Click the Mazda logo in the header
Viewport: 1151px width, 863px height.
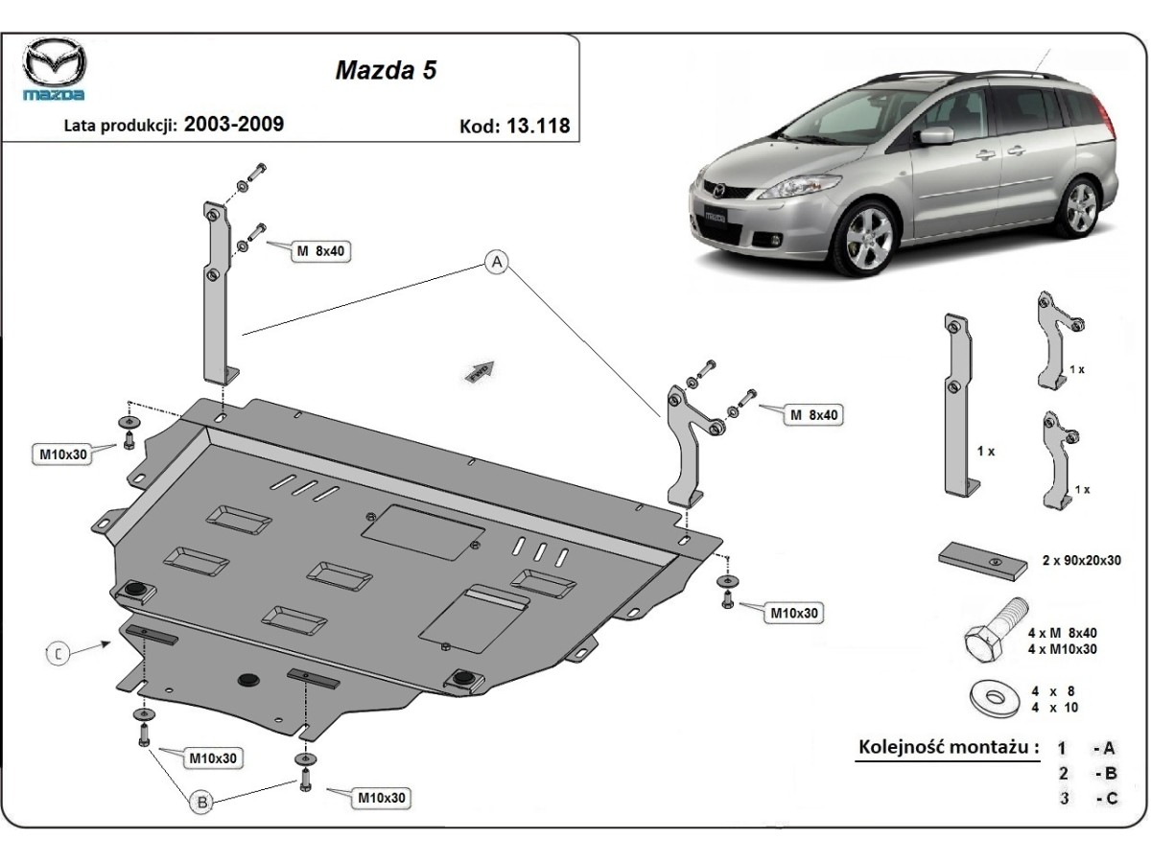55,70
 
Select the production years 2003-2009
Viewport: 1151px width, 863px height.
233,124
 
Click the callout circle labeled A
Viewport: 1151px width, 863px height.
496,262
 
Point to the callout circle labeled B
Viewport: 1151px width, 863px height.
201,803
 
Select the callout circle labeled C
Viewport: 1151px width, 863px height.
59,654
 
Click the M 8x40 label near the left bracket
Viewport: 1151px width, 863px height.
319,251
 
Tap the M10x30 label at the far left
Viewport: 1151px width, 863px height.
64,454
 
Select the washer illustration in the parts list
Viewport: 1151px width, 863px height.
990,698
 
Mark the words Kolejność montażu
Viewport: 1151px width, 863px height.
948,747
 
